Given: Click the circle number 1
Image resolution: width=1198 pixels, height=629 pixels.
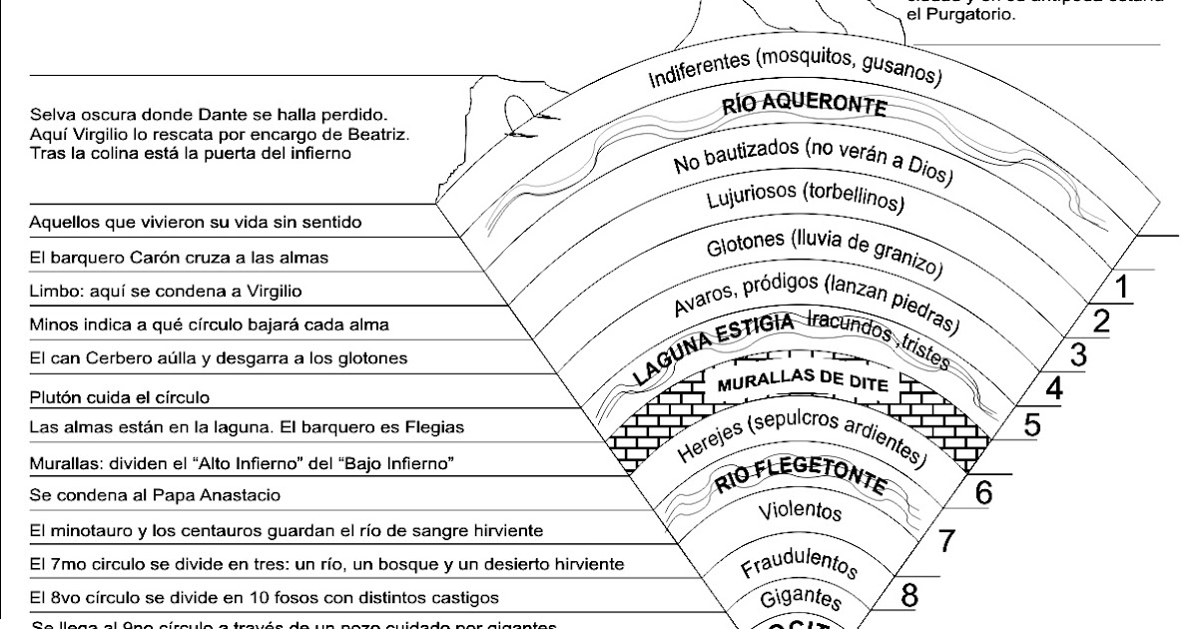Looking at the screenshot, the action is point(1121,288).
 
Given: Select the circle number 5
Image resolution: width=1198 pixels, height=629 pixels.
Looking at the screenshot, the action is point(1031,426).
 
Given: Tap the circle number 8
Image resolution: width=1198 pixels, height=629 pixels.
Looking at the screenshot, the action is point(909,596).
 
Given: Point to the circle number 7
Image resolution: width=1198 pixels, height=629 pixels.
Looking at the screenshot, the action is point(946,541).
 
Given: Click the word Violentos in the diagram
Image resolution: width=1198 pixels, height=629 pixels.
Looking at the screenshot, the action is point(801,512).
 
